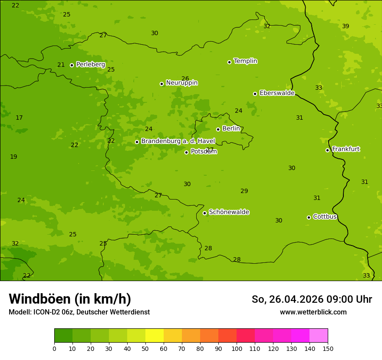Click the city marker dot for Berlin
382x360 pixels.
coord(218,129)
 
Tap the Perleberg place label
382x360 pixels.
coord(90,65)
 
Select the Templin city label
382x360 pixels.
coord(245,61)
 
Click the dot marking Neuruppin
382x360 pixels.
coord(161,84)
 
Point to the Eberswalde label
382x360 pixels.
coord(277,93)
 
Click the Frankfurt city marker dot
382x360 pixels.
coord(327,150)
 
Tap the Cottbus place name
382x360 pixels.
coord(325,216)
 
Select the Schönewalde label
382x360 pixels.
coord(229,212)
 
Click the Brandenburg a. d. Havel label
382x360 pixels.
coord(178,141)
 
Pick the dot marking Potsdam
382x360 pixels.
coord(186,152)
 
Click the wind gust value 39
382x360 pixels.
coord(346,26)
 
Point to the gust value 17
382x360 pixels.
coord(19,118)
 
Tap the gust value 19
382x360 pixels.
coord(13,157)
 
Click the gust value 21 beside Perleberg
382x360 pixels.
coord(61,65)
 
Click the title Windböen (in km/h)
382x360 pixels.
coord(70,299)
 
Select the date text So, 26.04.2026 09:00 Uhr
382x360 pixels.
coord(312,299)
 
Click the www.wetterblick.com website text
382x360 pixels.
coord(313,312)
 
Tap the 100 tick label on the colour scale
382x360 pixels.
coord(237,349)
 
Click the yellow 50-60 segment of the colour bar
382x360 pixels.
coord(155,335)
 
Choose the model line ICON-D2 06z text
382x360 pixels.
coord(79,312)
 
